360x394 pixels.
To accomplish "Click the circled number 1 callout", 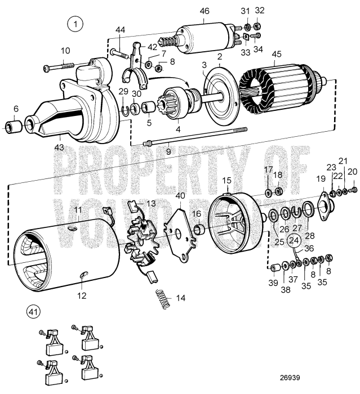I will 74,24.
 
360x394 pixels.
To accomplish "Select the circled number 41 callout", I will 33,311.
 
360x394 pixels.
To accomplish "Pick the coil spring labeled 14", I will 162,297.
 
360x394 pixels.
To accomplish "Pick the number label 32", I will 259,11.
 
